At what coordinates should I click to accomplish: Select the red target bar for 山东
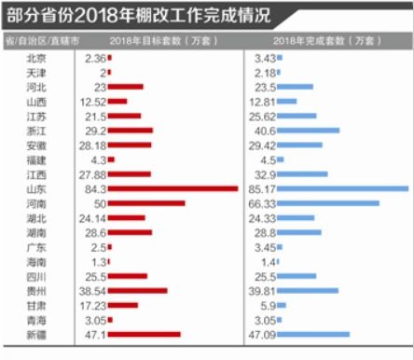tap(174, 188)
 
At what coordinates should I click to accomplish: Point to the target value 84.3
tap(94, 188)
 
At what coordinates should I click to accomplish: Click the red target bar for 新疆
tap(145, 334)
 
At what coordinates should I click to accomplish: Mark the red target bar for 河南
tap(147, 203)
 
